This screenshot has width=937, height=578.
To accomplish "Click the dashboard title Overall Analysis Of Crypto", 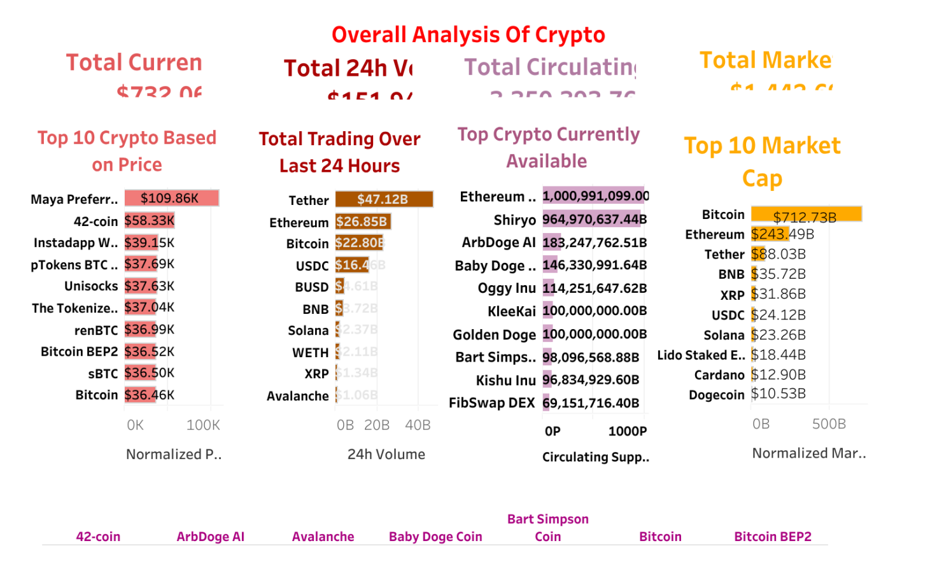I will click(468, 35).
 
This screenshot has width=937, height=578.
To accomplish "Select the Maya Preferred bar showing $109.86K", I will click(171, 198).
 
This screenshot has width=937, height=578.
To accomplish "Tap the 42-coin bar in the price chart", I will click(149, 221).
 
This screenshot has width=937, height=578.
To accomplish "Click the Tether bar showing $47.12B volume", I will click(384, 199).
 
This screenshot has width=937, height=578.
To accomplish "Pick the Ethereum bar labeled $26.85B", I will click(362, 222).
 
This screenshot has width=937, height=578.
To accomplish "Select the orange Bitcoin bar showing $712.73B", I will click(806, 215).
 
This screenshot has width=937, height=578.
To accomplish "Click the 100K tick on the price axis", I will click(203, 425).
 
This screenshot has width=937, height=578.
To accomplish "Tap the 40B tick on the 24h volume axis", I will click(418, 425).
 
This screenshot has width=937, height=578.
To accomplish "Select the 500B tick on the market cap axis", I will click(829, 424).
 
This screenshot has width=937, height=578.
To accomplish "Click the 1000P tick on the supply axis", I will click(627, 432).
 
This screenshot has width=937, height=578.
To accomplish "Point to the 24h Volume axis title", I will click(386, 455).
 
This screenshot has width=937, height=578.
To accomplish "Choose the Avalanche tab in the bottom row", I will click(323, 537).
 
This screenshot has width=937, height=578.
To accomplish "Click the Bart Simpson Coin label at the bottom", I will click(547, 528).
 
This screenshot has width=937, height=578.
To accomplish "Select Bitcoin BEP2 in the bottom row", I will click(772, 537).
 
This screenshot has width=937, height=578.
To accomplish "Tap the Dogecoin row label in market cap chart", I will click(716, 395).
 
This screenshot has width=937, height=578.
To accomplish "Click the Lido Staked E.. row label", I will click(701, 355).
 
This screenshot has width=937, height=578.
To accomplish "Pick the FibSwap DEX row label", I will click(491, 403).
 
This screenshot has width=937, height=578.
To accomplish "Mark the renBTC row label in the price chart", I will click(96, 330).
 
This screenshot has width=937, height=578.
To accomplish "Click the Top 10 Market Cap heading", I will click(762, 162).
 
